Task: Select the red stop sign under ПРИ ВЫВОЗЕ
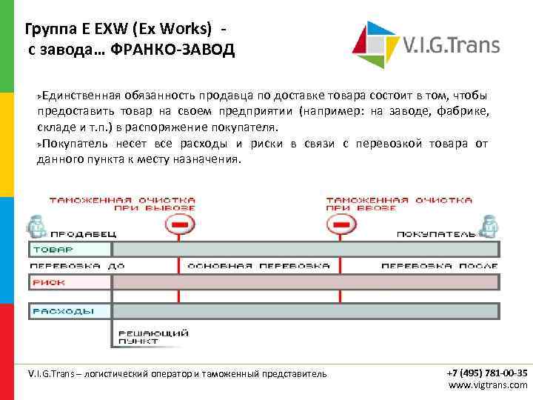pos(178,223)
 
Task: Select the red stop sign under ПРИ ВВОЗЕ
pos(341,223)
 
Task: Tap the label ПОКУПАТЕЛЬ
pos(435,234)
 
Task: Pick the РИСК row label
pos(44,282)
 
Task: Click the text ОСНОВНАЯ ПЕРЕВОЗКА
pos(259,265)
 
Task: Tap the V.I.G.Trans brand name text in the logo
pos(451,45)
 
